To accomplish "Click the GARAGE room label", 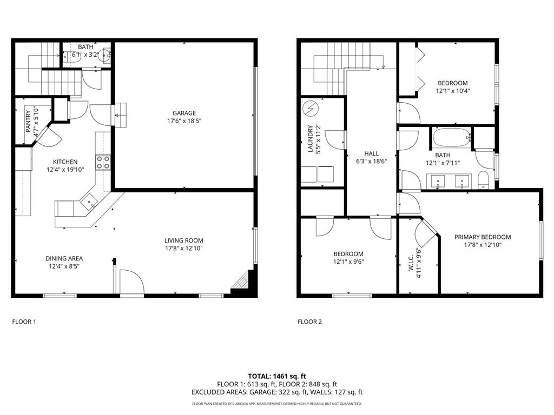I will point(184,113).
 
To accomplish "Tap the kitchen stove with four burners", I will point(103,162).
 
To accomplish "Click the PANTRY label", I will point(28,122).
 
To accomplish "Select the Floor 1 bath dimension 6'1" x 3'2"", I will point(85,55).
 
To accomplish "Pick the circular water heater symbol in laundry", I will point(310,109).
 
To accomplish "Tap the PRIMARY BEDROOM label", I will point(482,237).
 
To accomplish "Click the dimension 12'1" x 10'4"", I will point(452,91).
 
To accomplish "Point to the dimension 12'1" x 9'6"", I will point(348,262).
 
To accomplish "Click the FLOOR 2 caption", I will point(309,322).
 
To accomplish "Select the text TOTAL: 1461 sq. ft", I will point(277,376).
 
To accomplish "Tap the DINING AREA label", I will point(64,258).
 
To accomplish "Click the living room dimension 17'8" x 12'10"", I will point(184,249).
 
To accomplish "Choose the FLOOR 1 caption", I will point(24,322).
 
